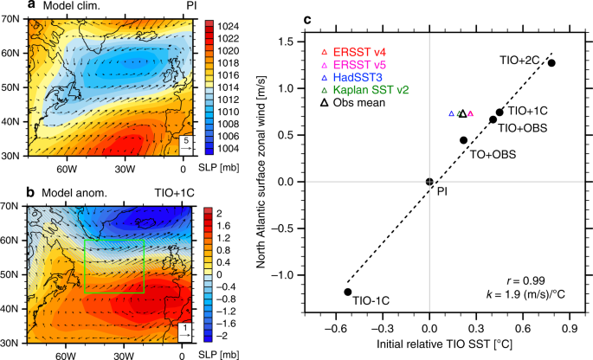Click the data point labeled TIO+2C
tap(551, 63)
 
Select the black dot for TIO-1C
tap(348, 292)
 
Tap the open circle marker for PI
tap(429, 182)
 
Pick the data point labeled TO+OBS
tap(463, 140)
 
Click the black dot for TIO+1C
tap(500, 112)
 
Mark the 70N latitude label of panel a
tap(12, 18)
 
